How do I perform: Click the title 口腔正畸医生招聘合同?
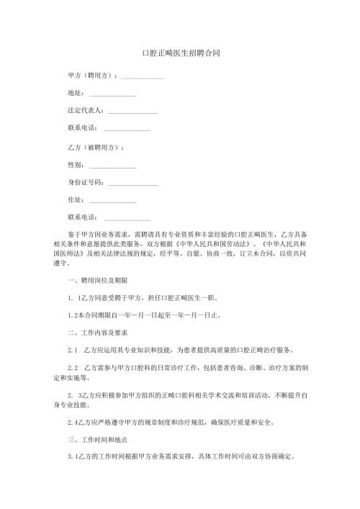180,53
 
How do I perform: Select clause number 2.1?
72,350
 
